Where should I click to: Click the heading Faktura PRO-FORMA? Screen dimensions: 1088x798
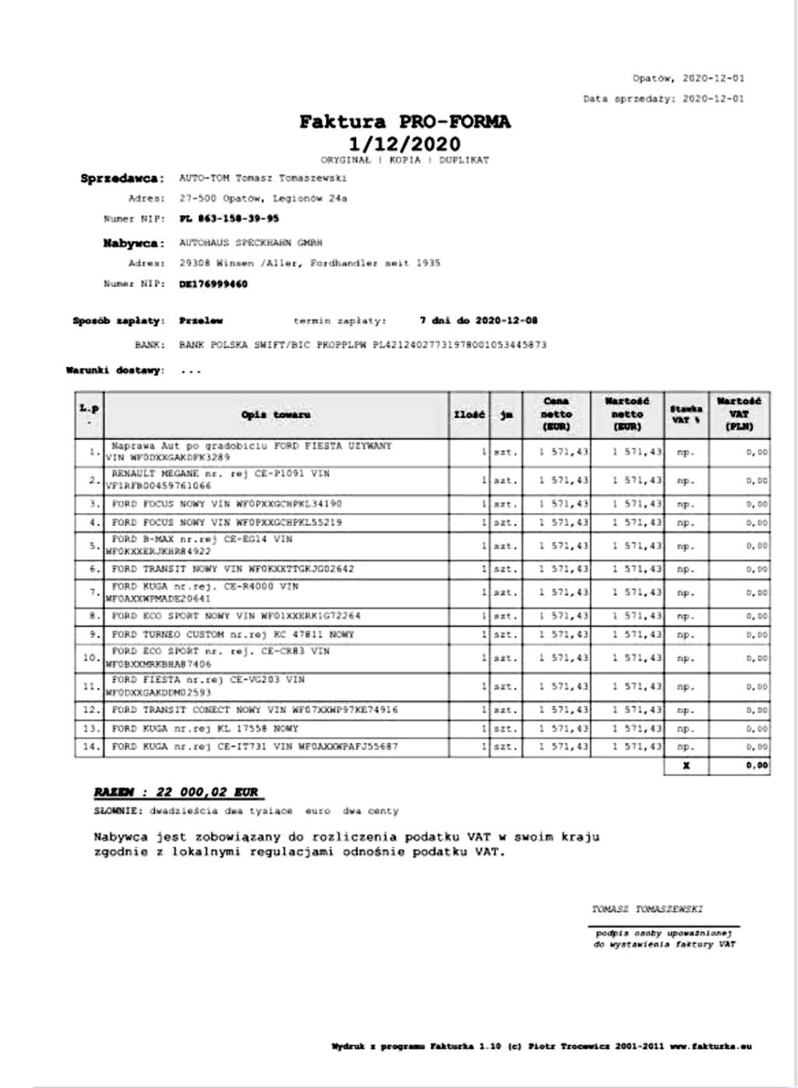pyautogui.click(x=405, y=122)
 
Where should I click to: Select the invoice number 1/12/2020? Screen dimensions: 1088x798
pyautogui.click(x=405, y=144)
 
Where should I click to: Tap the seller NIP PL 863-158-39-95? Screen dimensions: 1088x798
pyautogui.click(x=229, y=219)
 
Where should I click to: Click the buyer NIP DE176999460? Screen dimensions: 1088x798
pyautogui.click(x=214, y=284)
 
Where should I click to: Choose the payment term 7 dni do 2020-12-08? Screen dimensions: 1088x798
pyautogui.click(x=478, y=320)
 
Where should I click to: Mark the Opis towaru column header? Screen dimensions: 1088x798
pyautogui.click(x=276, y=415)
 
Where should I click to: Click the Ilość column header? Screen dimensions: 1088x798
pyautogui.click(x=469, y=415)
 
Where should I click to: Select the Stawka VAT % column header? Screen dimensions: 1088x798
pyautogui.click(x=686, y=415)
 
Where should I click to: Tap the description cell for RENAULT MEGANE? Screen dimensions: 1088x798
pyautogui.click(x=276, y=479)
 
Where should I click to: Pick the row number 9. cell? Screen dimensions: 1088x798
pyautogui.click(x=90, y=634)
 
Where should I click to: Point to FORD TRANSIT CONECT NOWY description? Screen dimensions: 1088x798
pyautogui.click(x=255, y=710)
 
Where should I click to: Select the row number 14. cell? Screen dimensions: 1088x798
pyautogui.click(x=90, y=747)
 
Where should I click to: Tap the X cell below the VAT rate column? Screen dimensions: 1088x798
pyautogui.click(x=686, y=766)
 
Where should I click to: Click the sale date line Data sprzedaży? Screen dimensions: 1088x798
pyautogui.click(x=664, y=99)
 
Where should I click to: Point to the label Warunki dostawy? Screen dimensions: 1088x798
pyautogui.click(x=116, y=370)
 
